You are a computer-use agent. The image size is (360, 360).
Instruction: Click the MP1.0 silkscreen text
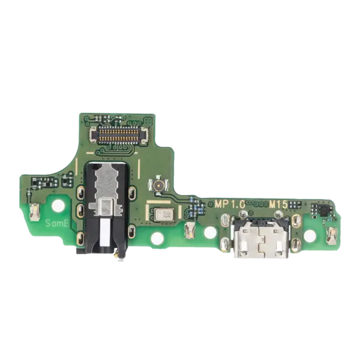[x=230, y=204]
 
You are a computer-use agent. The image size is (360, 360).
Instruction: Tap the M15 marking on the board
[x=278, y=205]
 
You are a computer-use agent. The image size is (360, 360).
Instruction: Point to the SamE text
[x=57, y=223]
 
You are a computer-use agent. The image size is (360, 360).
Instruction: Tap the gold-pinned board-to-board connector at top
[x=118, y=135]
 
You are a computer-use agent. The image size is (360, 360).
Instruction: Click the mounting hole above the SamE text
[x=58, y=206]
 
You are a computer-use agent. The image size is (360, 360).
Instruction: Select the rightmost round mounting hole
[x=310, y=235]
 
